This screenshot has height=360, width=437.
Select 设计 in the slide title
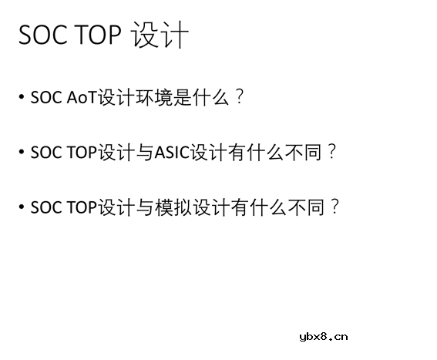[x=160, y=36]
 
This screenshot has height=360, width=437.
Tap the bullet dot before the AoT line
[x=21, y=98]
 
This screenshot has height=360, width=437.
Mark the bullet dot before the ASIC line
[x=21, y=153]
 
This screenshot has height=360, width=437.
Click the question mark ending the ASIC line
[x=332, y=152]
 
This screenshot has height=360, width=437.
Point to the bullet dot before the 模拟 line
[x=21, y=207]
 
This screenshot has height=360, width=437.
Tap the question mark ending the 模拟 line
[x=334, y=207]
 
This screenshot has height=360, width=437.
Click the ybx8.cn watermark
[x=322, y=335]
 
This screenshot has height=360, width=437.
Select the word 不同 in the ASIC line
[x=306, y=153]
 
